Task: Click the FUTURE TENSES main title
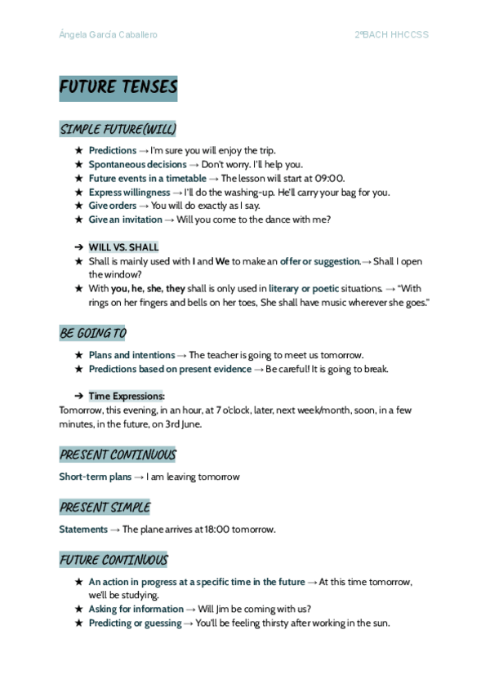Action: (x=118, y=88)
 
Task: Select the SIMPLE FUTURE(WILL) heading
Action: (x=118, y=130)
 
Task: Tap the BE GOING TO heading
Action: (x=92, y=334)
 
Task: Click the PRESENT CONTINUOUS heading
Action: (x=118, y=455)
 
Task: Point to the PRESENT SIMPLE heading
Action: (x=105, y=508)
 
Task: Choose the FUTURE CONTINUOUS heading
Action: (x=114, y=560)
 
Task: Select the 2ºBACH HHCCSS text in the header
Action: (x=391, y=35)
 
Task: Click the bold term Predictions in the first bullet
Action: (x=113, y=151)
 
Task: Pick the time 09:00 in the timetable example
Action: (x=329, y=179)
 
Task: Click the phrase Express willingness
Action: (x=129, y=193)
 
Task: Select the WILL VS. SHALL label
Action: (x=123, y=247)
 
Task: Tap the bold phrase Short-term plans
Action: (x=95, y=477)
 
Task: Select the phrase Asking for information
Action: (x=136, y=609)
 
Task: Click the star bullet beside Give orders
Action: (x=78, y=206)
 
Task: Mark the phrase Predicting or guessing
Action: (x=135, y=623)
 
